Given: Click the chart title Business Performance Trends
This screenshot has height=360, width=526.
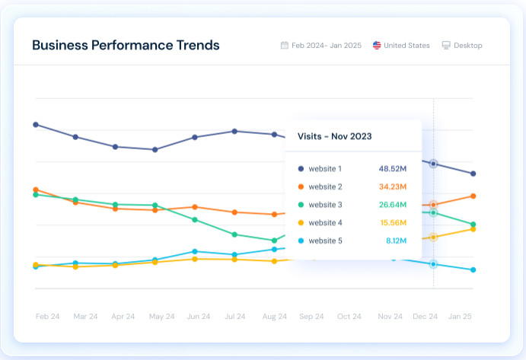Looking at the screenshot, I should (x=126, y=45).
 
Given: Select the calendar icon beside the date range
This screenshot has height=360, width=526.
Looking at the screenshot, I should (x=285, y=46).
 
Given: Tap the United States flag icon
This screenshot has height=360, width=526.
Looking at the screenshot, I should (x=377, y=46).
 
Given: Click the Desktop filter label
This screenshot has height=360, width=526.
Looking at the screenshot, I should (x=467, y=46).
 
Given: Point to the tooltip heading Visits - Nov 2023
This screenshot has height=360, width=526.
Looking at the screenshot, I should (x=334, y=136).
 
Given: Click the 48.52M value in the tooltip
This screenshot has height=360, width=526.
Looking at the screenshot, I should (x=393, y=168).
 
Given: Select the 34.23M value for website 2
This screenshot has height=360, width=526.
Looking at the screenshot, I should (x=393, y=186).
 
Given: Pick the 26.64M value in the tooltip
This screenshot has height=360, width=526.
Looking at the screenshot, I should (x=393, y=205).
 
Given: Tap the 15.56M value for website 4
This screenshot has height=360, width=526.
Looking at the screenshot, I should (x=393, y=223).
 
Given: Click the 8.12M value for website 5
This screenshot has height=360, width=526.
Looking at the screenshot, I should (x=395, y=241).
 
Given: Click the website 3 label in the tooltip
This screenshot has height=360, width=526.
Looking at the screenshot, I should (x=325, y=205).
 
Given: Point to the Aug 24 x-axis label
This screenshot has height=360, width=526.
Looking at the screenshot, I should (x=274, y=317).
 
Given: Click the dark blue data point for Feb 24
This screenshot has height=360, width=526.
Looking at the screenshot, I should (x=36, y=124).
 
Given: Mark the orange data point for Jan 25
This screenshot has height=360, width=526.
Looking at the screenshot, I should (x=473, y=196).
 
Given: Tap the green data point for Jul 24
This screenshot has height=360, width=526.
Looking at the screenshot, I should (x=234, y=234).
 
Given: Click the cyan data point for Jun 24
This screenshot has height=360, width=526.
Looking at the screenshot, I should (x=195, y=251).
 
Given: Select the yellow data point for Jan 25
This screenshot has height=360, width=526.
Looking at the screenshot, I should (x=473, y=229).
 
